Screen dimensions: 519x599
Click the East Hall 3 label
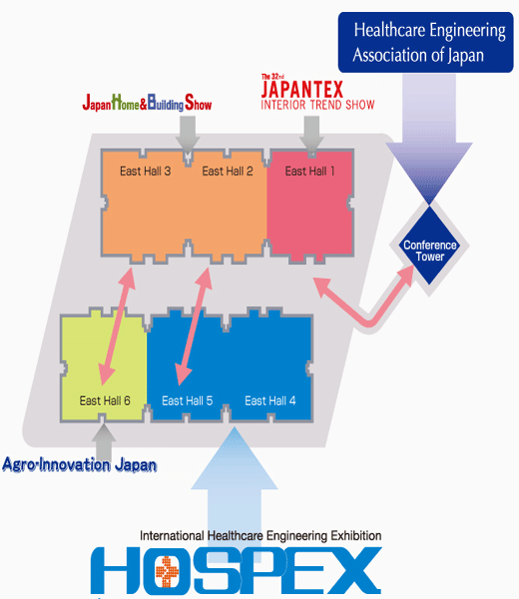coord(145,171)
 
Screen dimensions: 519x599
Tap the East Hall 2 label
coord(228,171)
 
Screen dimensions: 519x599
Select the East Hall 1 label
coord(309,171)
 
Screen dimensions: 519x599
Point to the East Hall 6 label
coord(105,400)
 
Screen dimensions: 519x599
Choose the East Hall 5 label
coord(187,400)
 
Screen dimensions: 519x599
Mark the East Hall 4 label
coord(270,400)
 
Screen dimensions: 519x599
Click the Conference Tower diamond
coord(429,246)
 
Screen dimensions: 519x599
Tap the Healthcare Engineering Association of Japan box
coord(426,42)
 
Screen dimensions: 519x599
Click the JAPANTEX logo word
coord(302,90)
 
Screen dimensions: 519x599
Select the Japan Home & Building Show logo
coord(147,103)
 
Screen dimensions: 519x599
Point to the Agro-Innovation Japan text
coord(80,465)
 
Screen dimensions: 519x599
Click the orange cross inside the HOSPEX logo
coord(167,571)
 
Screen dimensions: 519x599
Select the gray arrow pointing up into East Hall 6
coord(104,442)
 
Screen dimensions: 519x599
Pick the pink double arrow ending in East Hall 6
coord(117,326)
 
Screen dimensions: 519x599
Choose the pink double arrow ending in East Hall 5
coord(194,326)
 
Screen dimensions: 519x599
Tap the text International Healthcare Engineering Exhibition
coord(260,536)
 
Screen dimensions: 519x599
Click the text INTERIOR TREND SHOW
coord(317,105)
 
